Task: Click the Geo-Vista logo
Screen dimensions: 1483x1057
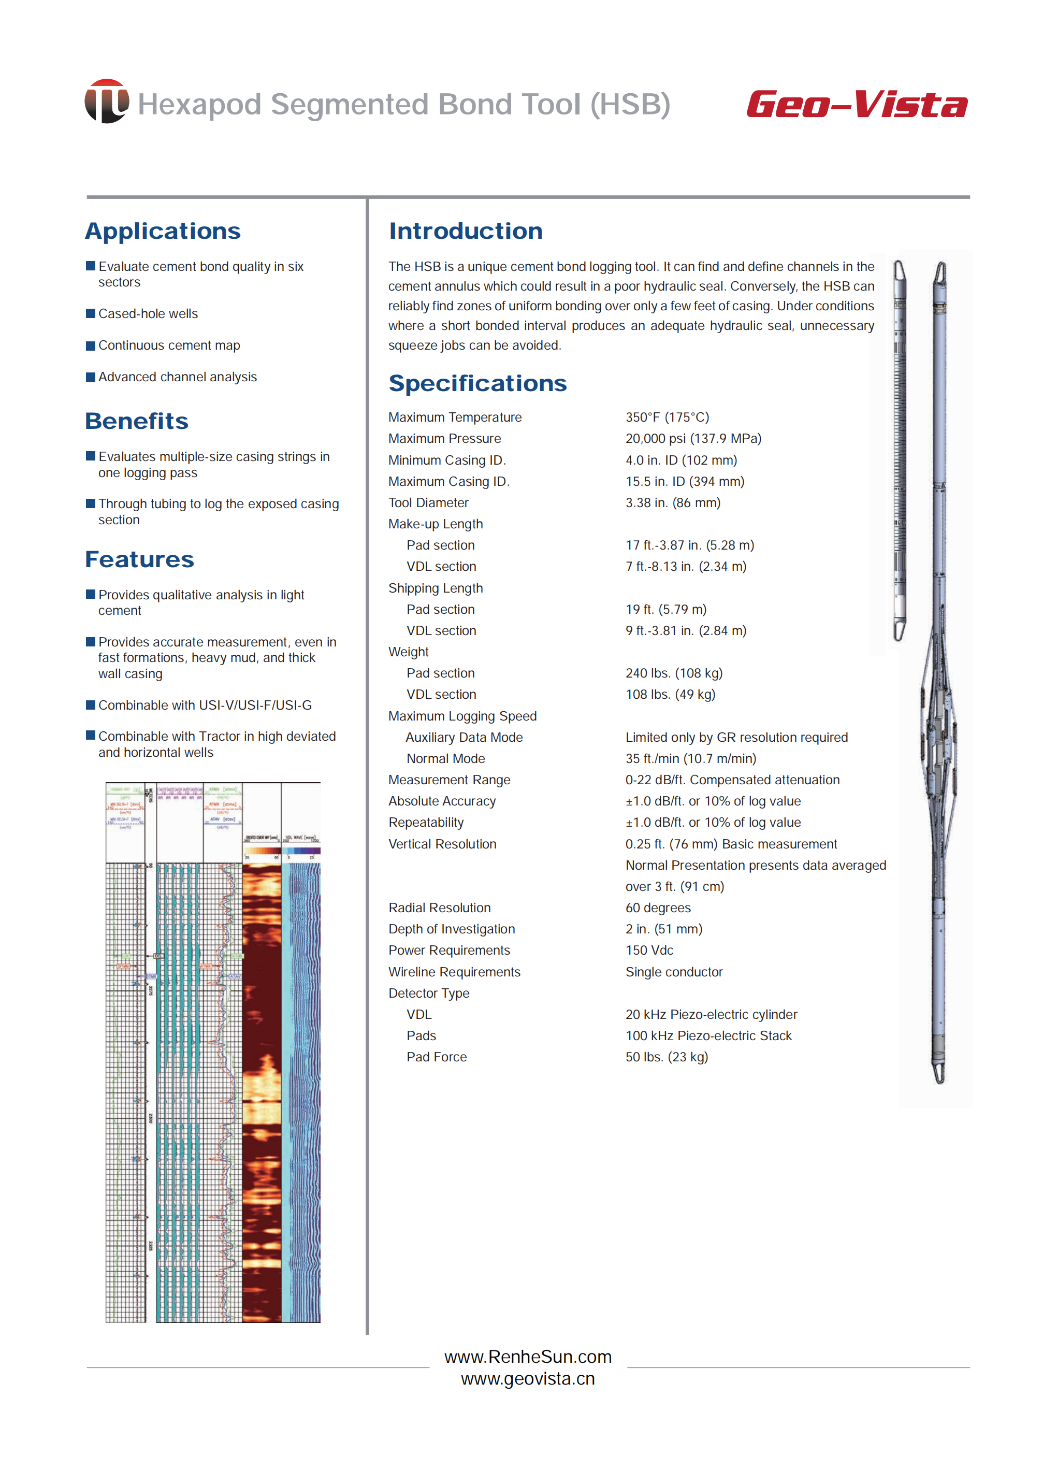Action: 857,104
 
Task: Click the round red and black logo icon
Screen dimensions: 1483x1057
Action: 106,102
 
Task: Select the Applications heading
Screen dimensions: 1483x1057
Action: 163,231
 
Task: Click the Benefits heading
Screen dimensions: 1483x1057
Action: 137,421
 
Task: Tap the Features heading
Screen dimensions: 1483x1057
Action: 139,559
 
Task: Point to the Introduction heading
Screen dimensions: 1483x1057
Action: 466,231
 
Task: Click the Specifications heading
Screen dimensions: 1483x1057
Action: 477,383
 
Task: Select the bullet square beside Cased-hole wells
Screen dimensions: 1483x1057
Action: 91,313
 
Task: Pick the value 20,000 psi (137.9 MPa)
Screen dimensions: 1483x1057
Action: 693,438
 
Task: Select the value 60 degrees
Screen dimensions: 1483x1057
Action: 658,908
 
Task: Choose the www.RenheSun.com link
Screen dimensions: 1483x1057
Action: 528,1357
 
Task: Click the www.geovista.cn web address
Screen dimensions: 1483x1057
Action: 528,1379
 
